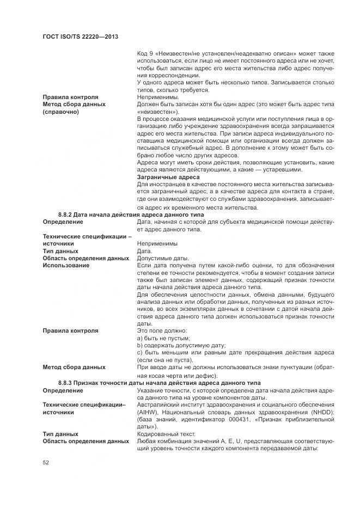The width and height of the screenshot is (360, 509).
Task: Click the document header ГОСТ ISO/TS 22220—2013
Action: (81, 36)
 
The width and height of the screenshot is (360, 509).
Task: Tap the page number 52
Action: (46, 462)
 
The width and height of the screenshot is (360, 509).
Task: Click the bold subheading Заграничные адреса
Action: (168, 177)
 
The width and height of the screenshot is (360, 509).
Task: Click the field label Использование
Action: (66, 265)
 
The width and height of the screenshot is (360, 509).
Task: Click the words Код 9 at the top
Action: (147, 53)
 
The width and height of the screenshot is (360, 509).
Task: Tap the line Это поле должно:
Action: (162, 330)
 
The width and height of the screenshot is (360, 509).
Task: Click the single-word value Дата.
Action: (145, 251)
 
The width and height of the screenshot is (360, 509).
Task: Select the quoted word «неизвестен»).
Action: (155, 112)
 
